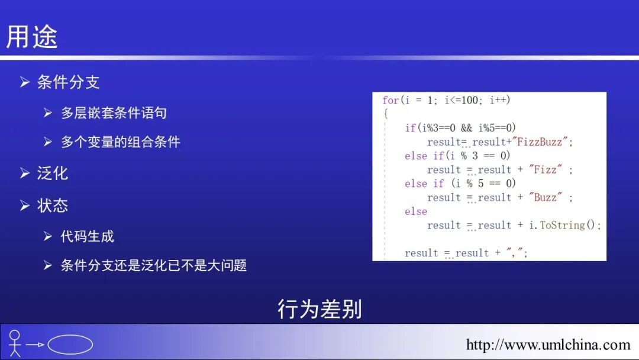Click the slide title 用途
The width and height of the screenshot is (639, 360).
(x=32, y=37)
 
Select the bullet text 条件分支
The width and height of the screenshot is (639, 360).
(x=68, y=82)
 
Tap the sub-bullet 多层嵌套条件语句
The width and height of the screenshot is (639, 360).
(x=114, y=113)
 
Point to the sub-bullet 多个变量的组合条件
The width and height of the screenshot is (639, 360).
(x=120, y=142)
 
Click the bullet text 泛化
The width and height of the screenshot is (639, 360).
(x=53, y=173)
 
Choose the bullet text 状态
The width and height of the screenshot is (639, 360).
(x=53, y=205)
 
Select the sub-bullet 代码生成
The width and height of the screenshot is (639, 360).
(x=87, y=237)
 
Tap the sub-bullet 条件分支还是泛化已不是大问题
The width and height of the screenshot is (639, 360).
(x=153, y=265)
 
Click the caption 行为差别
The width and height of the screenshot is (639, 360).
(x=319, y=309)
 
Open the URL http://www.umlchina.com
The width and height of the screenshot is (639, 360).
(x=548, y=345)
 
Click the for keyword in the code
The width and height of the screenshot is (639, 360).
(x=390, y=101)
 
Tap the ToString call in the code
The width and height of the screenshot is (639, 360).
(x=562, y=226)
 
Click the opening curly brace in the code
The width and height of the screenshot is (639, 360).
(x=385, y=114)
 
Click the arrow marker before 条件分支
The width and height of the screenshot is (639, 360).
(x=24, y=82)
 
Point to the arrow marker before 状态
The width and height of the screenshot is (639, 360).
(x=24, y=205)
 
